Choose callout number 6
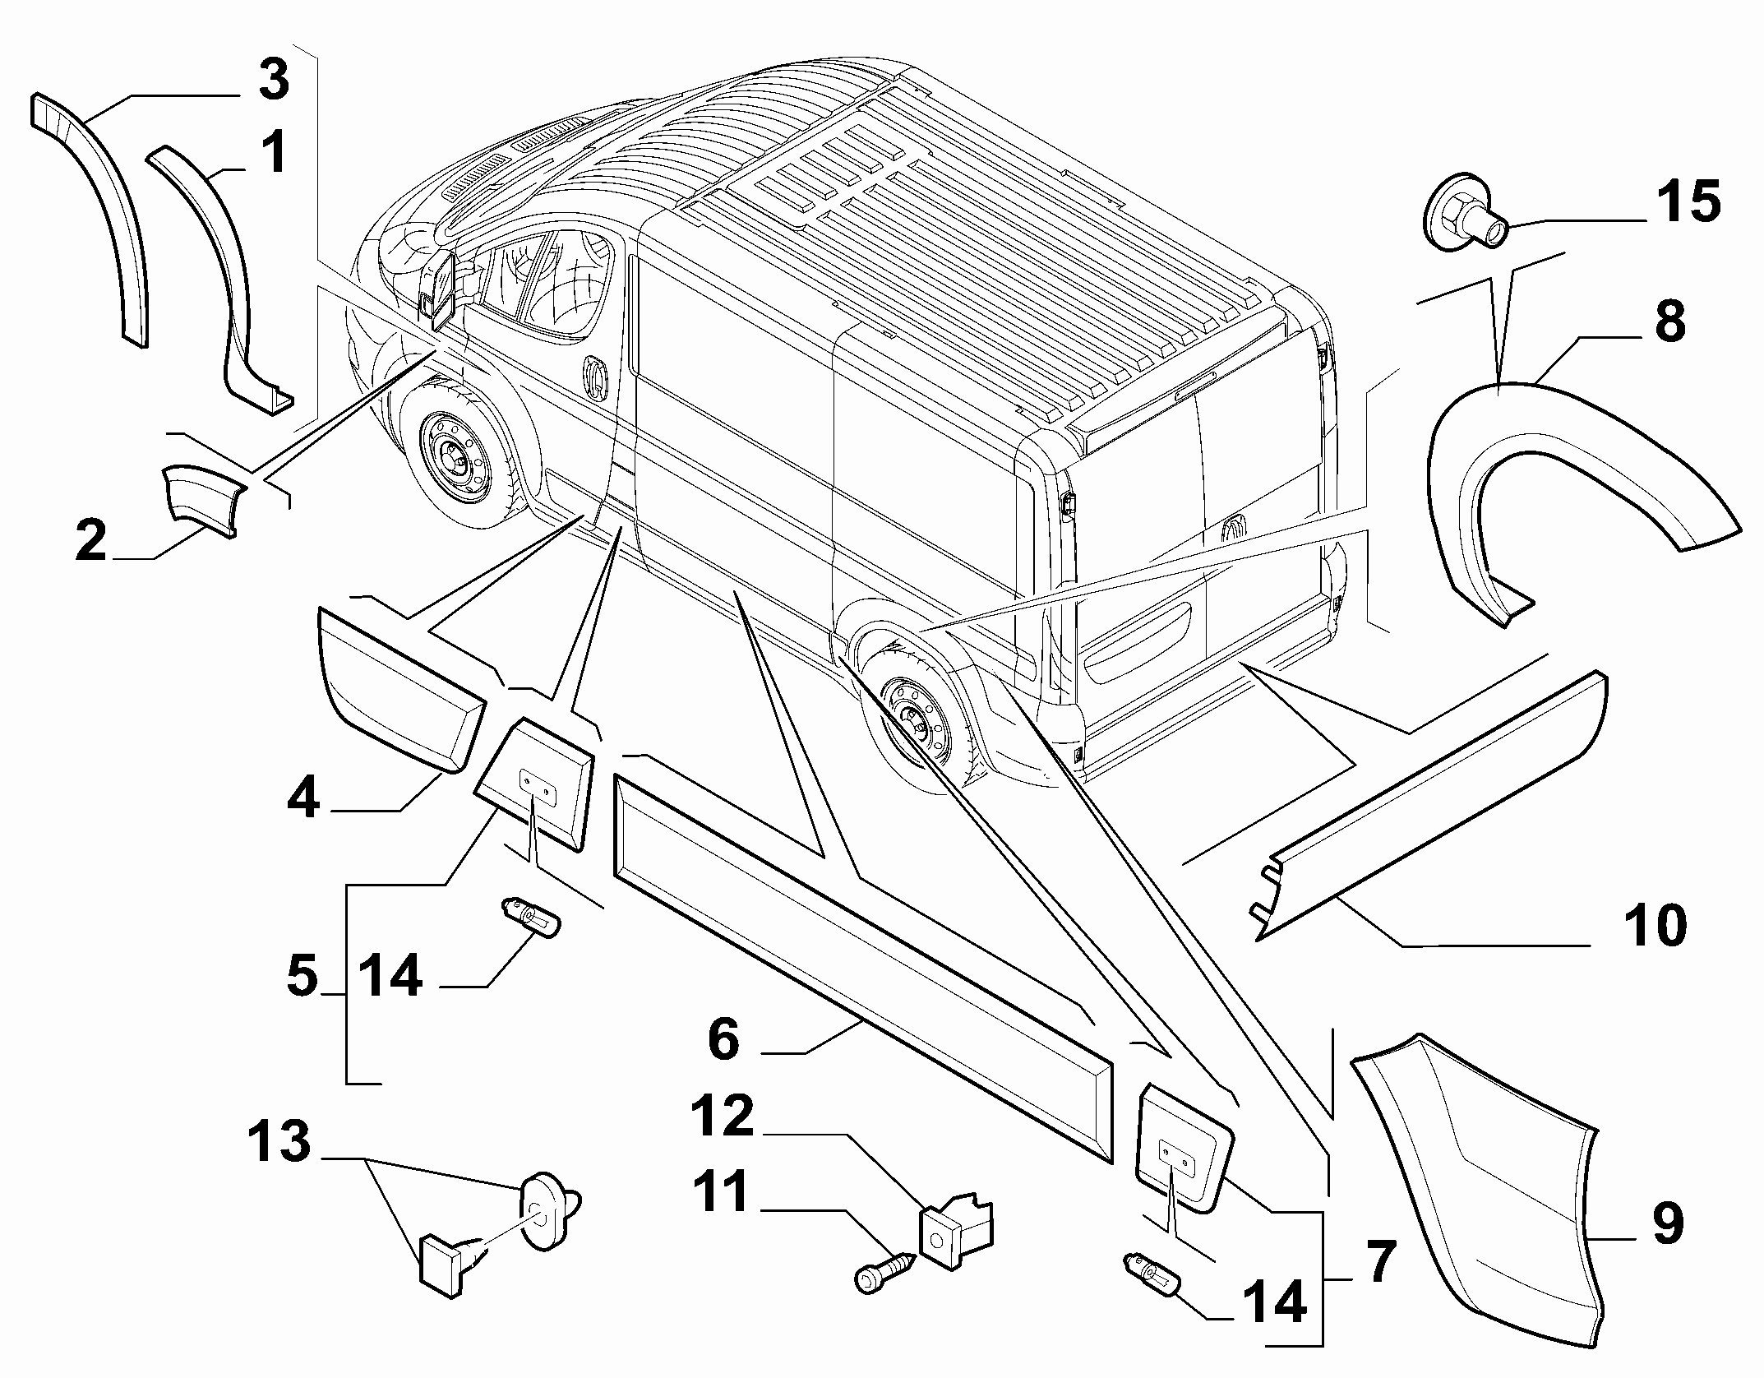(723, 1039)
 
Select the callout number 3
(273, 81)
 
